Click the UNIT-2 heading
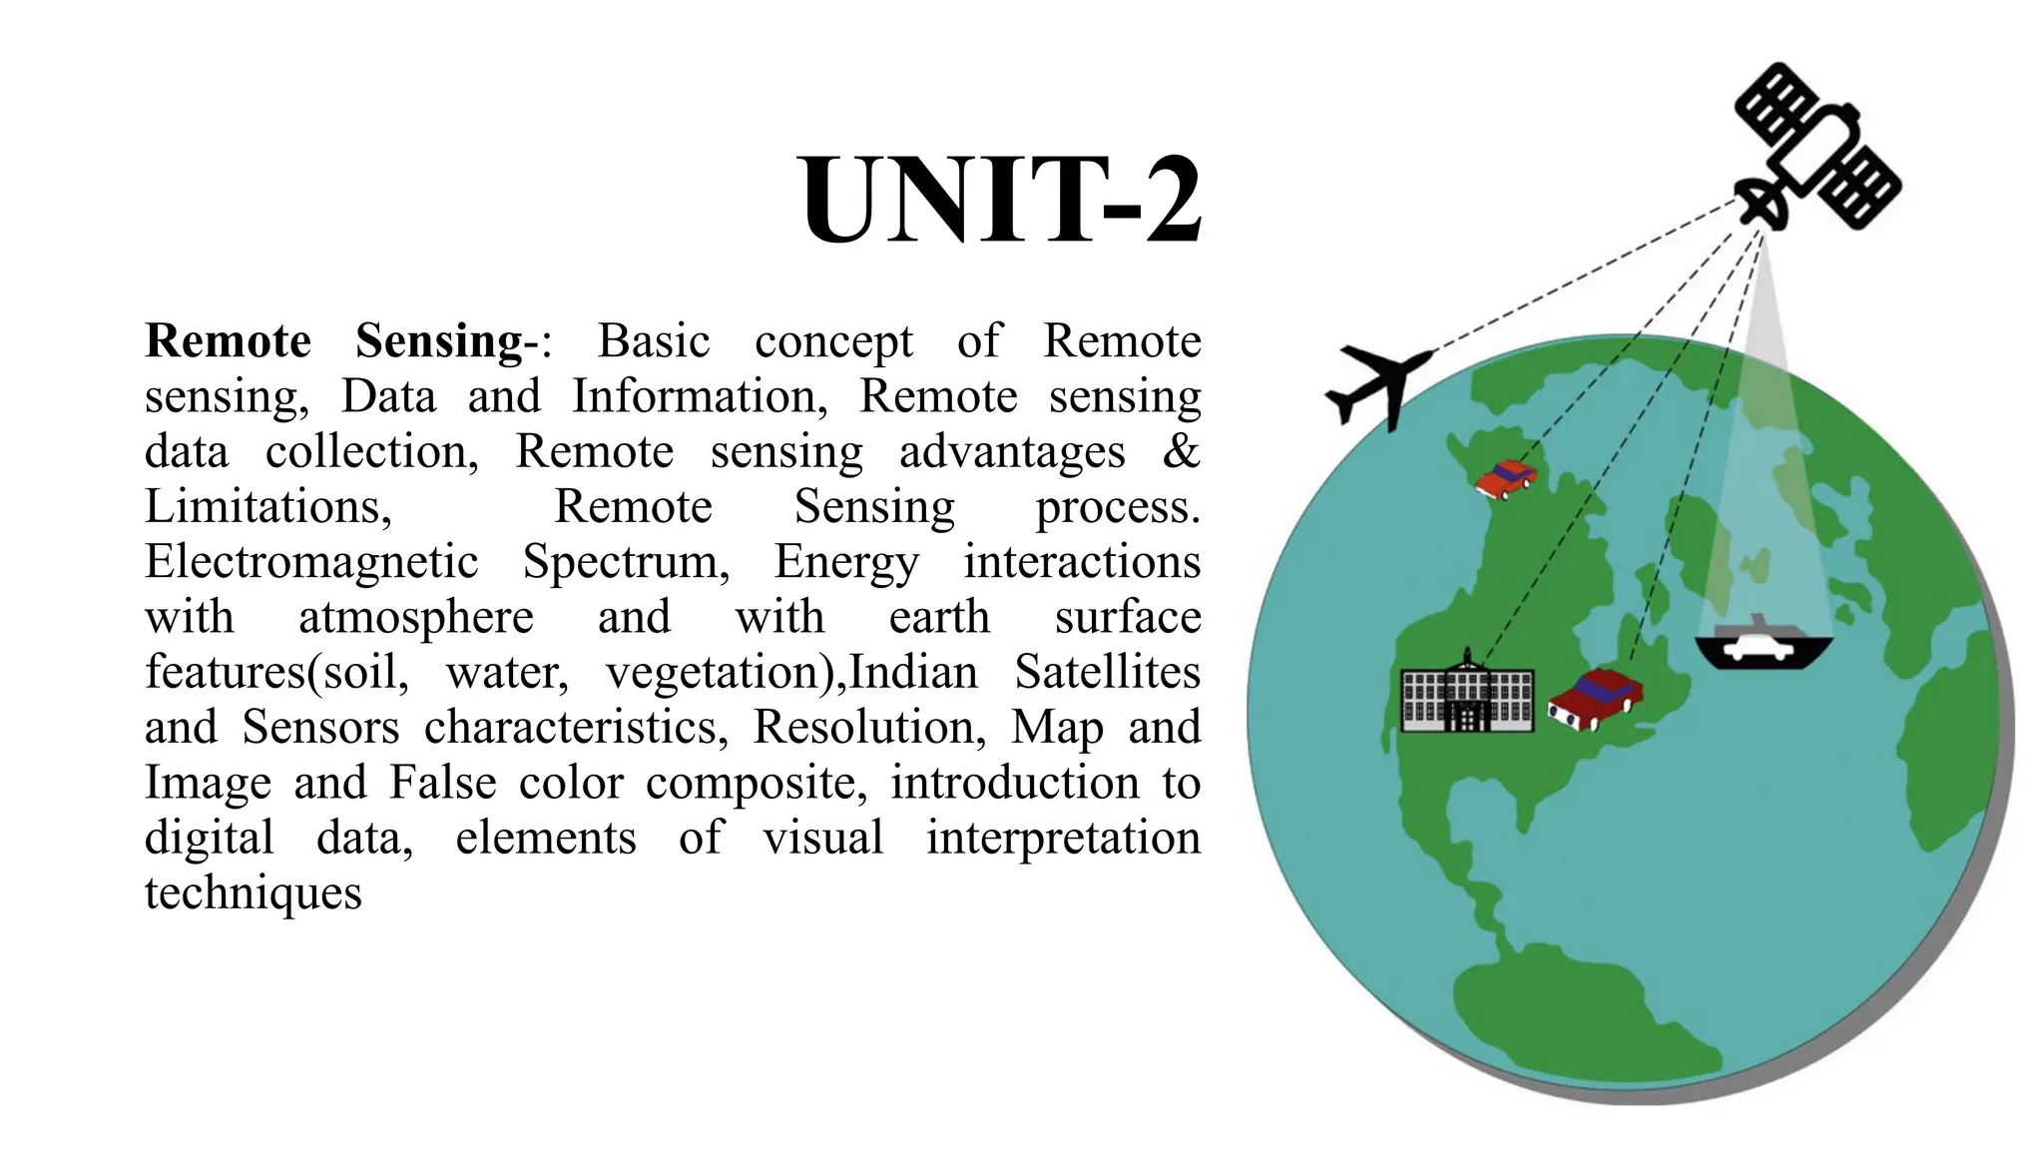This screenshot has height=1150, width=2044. click(x=1000, y=200)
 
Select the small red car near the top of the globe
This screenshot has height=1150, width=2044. click(x=1505, y=479)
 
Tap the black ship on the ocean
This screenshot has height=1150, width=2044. click(x=1763, y=647)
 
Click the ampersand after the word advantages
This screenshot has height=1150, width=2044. click(x=1181, y=451)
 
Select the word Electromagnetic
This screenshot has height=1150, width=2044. click(x=311, y=562)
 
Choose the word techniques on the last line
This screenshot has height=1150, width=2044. click(x=254, y=893)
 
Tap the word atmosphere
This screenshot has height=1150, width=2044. click(x=416, y=618)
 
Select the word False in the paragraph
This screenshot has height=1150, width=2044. click(x=442, y=783)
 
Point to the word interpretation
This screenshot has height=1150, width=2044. click(x=1063, y=839)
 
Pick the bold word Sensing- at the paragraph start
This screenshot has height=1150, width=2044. click(x=439, y=342)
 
